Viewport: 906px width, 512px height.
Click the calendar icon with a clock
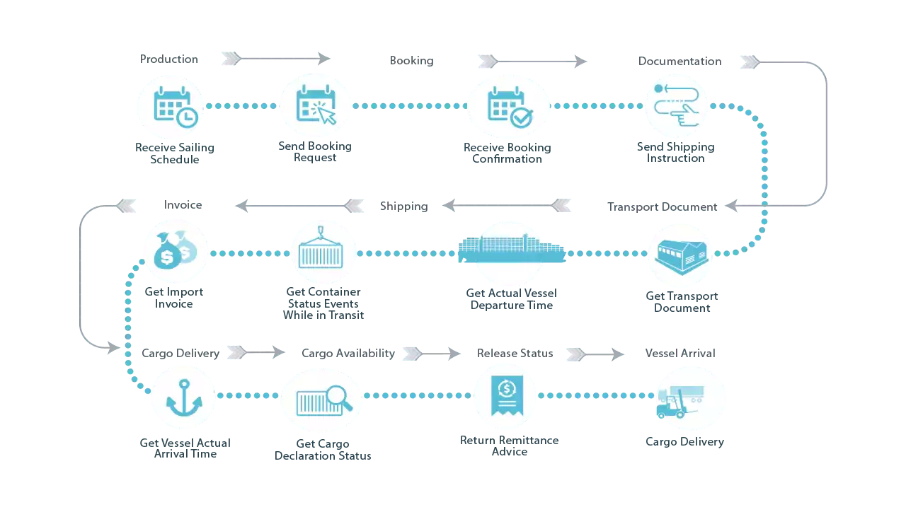click(x=170, y=107)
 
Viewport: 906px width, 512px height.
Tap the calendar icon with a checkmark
click(x=508, y=107)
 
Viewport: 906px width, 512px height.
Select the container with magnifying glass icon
click(x=321, y=401)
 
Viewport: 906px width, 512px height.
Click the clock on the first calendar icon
click(x=187, y=119)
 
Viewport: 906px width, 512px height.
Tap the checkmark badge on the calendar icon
click(x=520, y=118)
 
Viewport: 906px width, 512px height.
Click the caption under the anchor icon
click(x=183, y=446)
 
